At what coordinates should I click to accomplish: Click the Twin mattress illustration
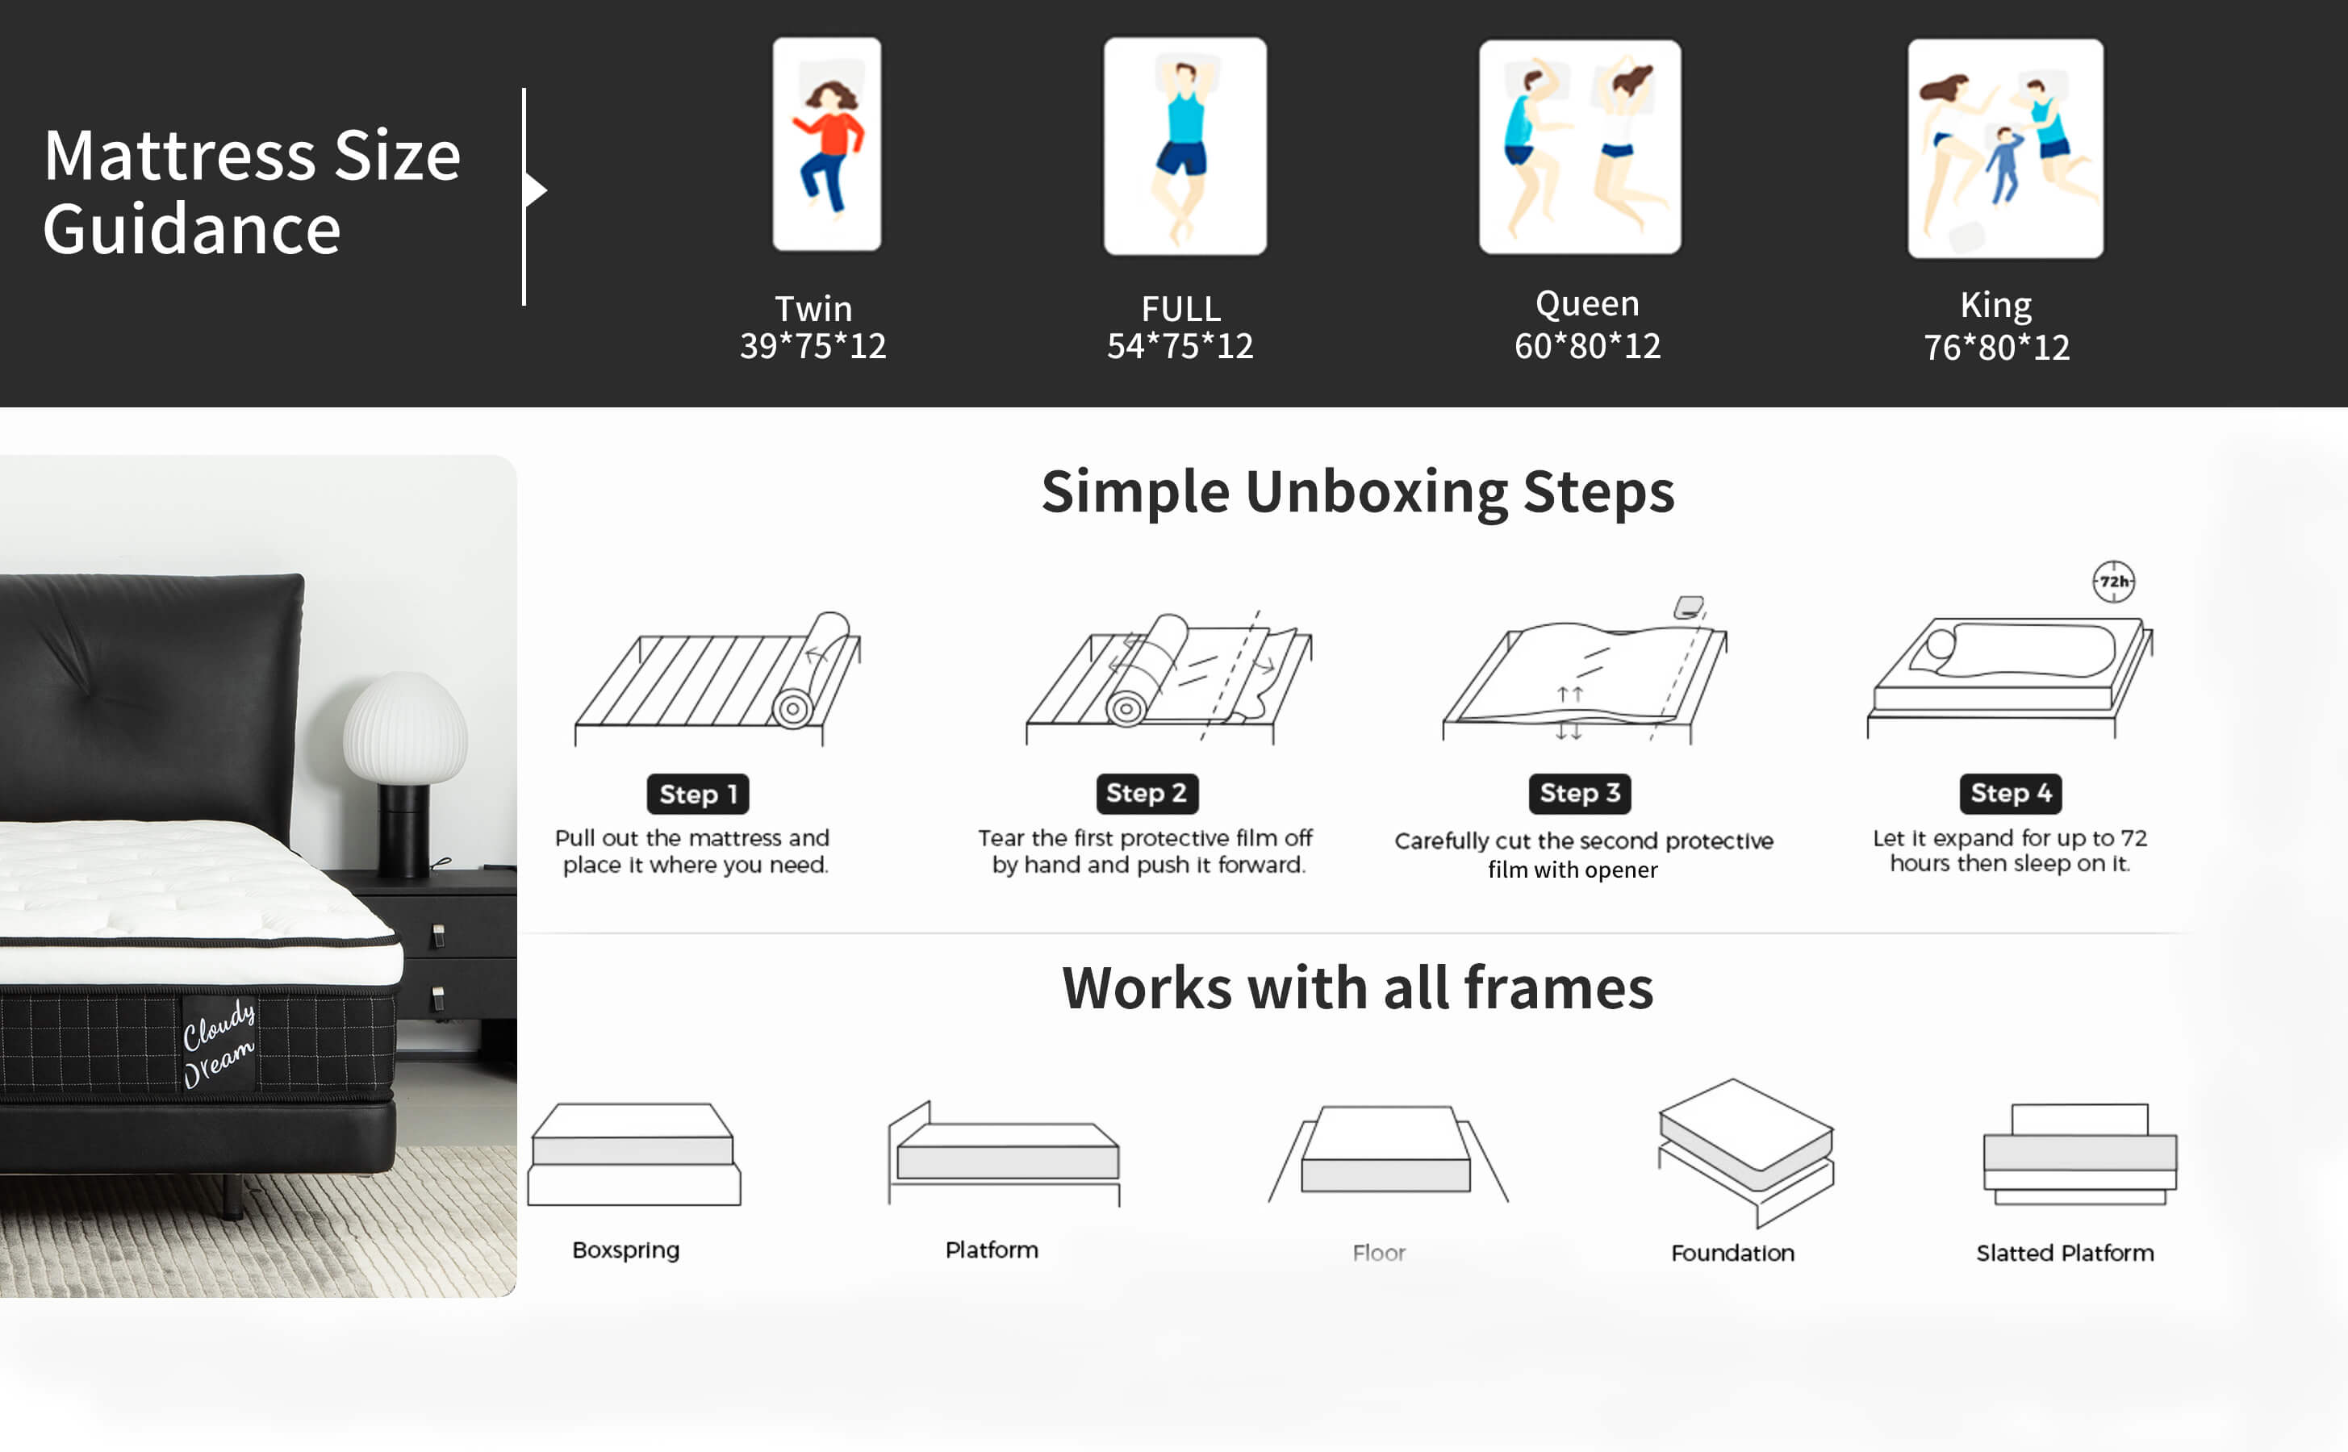(827, 144)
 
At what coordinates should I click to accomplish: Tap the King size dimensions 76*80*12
(1996, 348)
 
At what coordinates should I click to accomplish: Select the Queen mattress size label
(1586, 303)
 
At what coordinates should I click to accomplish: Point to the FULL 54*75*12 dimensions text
(1180, 346)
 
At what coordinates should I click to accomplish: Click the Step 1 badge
(697, 795)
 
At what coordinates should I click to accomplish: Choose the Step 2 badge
(1147, 793)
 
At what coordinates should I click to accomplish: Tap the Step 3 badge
(1580, 793)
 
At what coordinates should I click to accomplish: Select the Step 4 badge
(2011, 793)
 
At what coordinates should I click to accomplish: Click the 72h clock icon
(2114, 581)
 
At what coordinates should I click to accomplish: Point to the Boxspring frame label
(626, 1250)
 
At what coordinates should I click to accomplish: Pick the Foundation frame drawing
(1746, 1153)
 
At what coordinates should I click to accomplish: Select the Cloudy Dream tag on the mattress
(219, 1044)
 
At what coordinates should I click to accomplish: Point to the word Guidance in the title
(192, 231)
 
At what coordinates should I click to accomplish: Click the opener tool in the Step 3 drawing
(1688, 607)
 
